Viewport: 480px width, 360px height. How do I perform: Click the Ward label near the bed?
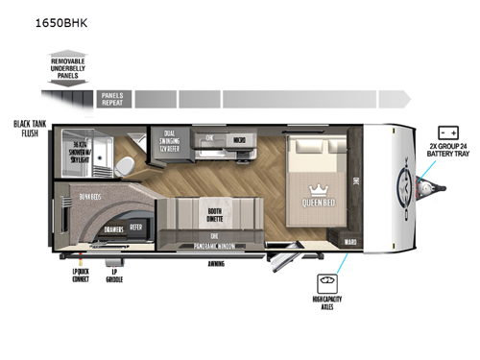coord(351,243)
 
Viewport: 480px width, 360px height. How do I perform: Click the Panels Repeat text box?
coord(113,99)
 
